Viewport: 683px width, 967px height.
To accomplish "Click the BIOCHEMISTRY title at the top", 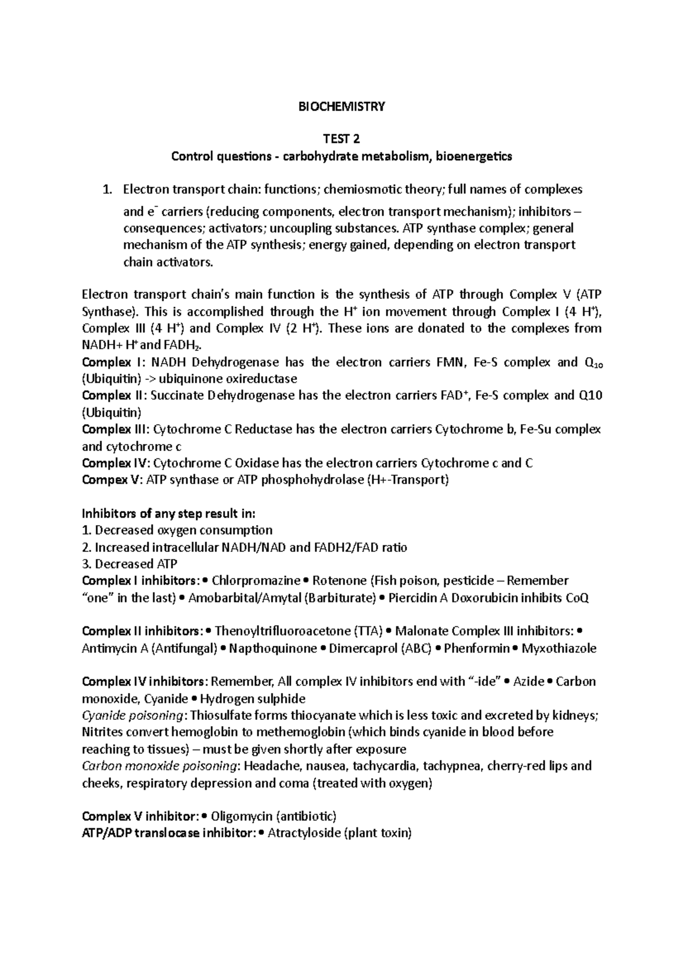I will tap(341, 106).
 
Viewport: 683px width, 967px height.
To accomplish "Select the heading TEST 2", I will tap(341, 140).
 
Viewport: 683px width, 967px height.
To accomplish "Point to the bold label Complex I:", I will tap(106, 362).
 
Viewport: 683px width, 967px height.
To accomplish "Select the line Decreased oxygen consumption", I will tap(177, 530).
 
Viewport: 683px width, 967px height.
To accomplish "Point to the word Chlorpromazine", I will tap(256, 581).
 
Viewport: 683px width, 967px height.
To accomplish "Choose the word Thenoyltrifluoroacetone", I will tap(282, 631).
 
